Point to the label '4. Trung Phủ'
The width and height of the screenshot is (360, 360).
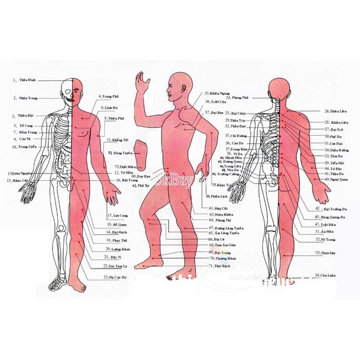point(109,96)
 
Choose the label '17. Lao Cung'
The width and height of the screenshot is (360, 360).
point(117,215)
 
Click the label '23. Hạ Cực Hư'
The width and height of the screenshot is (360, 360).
point(116,277)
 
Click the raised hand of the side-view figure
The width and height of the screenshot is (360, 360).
point(140,80)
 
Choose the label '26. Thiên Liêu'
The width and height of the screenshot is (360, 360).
point(334,110)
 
